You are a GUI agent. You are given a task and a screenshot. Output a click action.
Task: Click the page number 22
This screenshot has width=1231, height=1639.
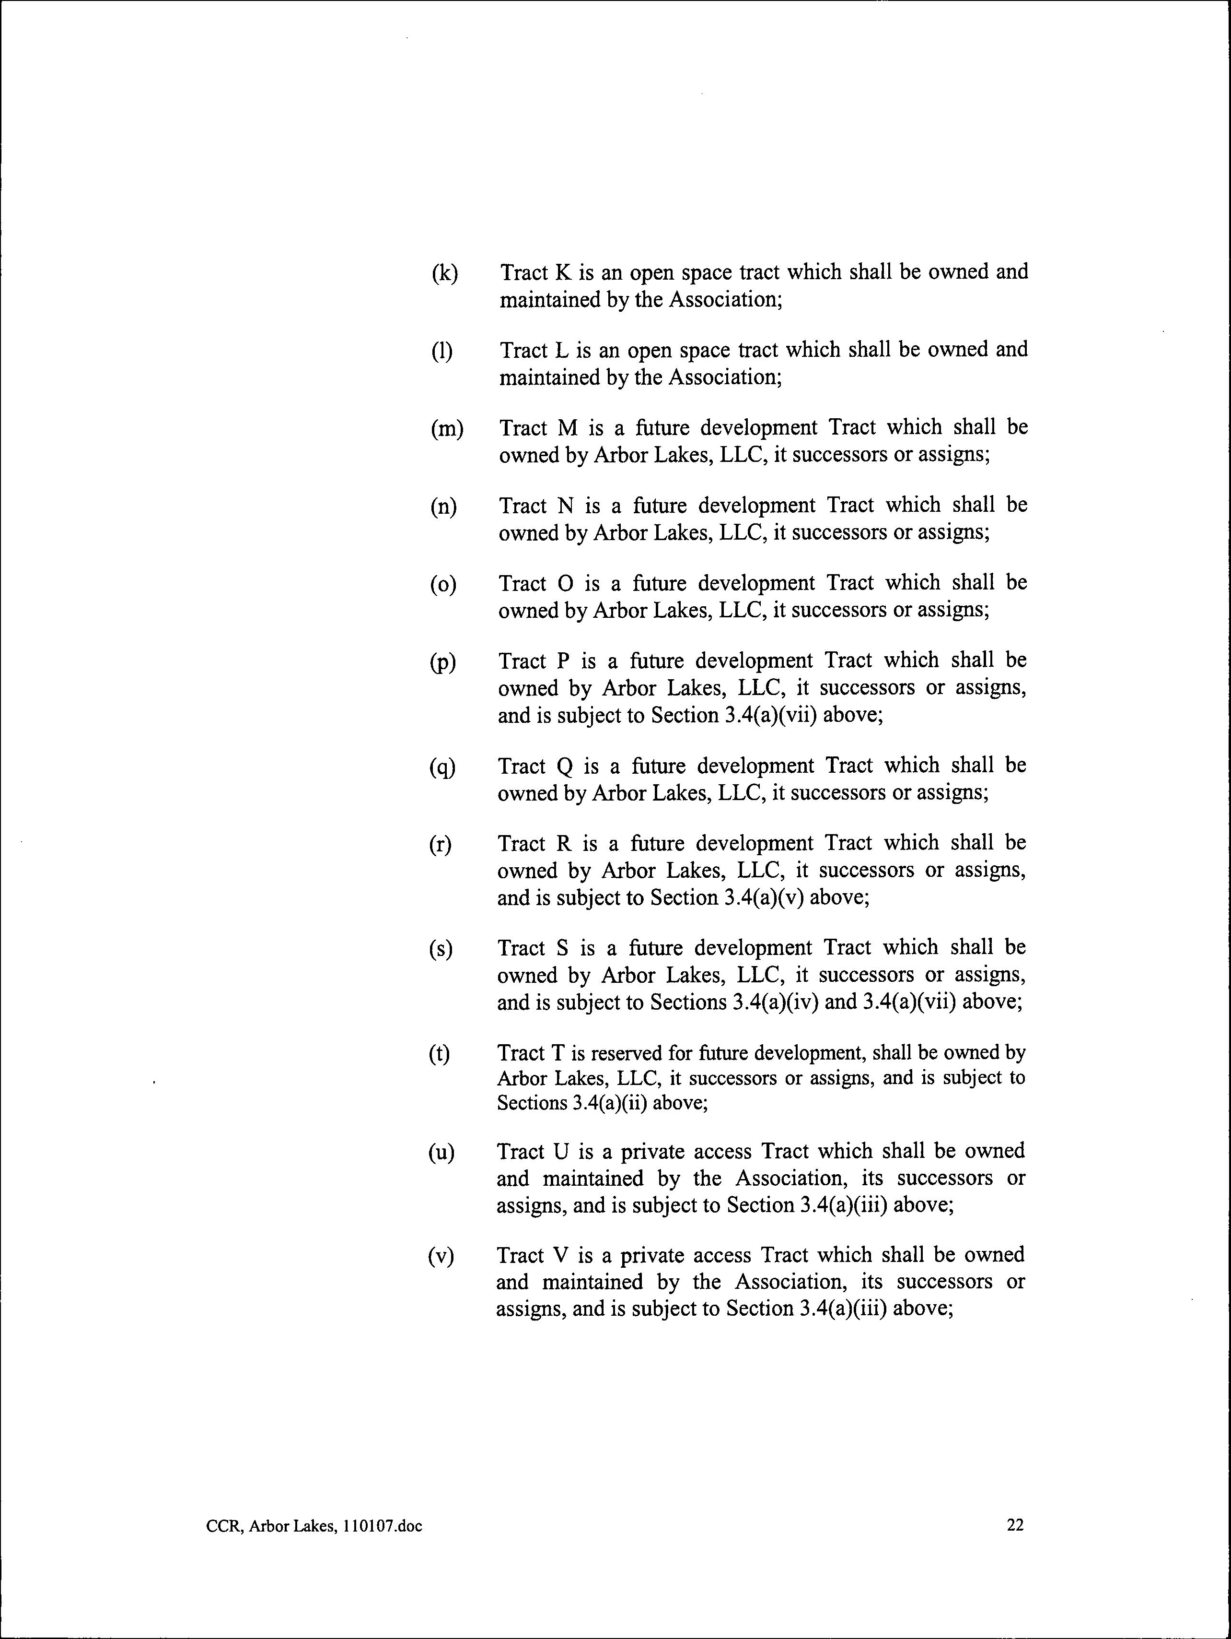coord(1015,1524)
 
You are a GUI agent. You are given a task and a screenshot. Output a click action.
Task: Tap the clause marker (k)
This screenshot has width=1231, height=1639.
coord(444,273)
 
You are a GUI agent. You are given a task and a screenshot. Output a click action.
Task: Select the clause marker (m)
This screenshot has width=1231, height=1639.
coord(447,429)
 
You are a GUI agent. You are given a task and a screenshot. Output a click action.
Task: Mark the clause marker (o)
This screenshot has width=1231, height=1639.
coord(443,585)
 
